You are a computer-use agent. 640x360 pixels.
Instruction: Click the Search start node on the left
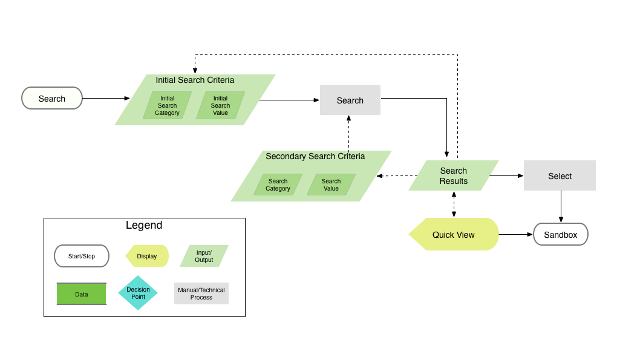pyautogui.click(x=52, y=98)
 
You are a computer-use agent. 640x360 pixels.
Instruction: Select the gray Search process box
pyautogui.click(x=350, y=100)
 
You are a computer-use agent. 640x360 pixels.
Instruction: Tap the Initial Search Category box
pyautogui.click(x=167, y=105)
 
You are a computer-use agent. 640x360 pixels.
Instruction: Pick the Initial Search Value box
pyautogui.click(x=220, y=105)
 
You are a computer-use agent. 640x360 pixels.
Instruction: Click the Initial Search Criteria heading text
pyautogui.click(x=195, y=80)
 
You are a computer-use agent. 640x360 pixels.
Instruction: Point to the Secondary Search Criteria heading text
pyautogui.click(x=315, y=156)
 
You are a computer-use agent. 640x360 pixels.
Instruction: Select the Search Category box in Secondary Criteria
pyautogui.click(x=278, y=185)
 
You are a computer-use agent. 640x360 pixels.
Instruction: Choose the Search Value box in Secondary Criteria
pyautogui.click(x=331, y=185)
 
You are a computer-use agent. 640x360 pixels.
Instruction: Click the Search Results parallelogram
pyautogui.click(x=453, y=175)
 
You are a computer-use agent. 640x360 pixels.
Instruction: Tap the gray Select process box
pyautogui.click(x=560, y=175)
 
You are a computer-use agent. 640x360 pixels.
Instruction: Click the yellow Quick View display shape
pyautogui.click(x=454, y=234)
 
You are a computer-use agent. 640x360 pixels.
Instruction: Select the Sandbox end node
pyautogui.click(x=560, y=234)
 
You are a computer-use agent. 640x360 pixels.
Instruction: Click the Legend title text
pyautogui.click(x=144, y=226)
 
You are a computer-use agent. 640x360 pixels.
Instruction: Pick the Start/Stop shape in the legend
pyautogui.click(x=81, y=256)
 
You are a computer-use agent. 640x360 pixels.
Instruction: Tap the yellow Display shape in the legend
pyautogui.click(x=147, y=256)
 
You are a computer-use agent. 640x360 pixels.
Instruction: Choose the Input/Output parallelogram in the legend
pyautogui.click(x=204, y=256)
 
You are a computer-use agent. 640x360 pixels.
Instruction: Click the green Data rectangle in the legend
pyautogui.click(x=81, y=294)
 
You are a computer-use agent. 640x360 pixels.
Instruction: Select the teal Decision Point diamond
pyautogui.click(x=138, y=293)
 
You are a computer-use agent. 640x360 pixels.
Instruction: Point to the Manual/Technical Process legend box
pyautogui.click(x=201, y=293)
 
